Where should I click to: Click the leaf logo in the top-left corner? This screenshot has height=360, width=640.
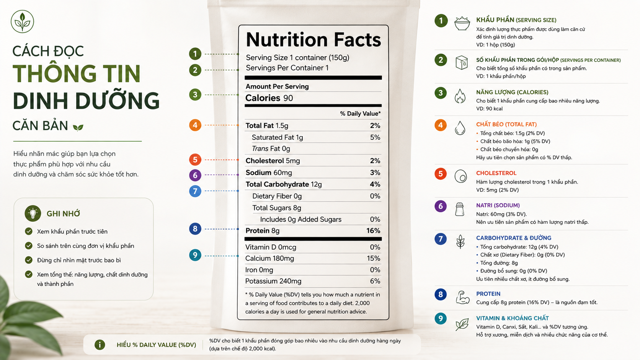coord(22,21)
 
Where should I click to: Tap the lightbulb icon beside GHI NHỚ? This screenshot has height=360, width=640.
coord(33,213)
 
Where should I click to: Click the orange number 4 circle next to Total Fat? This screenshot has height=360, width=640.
coord(195,125)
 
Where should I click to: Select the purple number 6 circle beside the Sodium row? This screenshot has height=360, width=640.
coord(195,175)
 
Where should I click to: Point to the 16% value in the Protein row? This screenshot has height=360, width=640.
coord(373,231)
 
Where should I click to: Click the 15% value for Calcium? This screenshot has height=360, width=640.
coord(374,258)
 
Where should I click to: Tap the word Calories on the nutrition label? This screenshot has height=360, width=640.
coord(263,98)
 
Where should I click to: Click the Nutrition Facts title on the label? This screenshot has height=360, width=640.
coord(313,39)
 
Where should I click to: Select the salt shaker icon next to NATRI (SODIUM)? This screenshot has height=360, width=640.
coord(460,209)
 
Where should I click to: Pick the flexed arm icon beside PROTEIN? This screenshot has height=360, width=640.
coord(462,298)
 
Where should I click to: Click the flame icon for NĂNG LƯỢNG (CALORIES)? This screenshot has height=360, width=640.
coord(460,96)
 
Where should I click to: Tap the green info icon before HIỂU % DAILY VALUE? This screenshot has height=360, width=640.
coord(100,345)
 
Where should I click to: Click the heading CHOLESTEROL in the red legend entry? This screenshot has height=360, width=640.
coord(496,173)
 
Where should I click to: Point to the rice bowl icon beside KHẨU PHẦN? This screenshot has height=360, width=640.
coord(462,23)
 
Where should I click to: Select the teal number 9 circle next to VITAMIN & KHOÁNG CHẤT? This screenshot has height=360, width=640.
coord(441,318)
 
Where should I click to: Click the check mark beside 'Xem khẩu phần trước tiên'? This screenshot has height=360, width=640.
coord(29,231)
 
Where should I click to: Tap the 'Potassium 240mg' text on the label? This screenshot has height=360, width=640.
coord(273,281)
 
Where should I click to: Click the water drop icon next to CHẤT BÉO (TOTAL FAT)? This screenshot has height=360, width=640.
coord(460,128)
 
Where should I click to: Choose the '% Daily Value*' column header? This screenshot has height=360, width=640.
coord(360,114)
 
